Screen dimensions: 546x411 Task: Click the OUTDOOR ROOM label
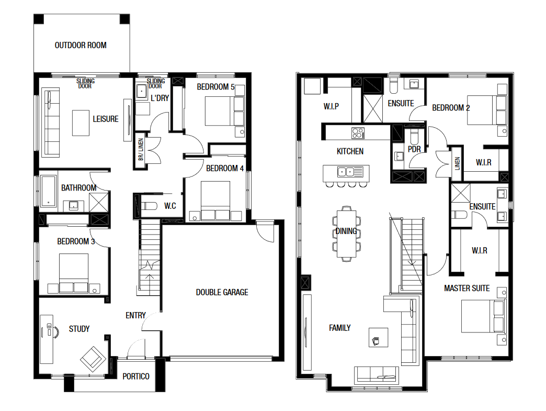pos(81,46)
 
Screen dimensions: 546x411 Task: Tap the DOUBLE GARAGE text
pos(222,293)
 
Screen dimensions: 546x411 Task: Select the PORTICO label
pos(136,376)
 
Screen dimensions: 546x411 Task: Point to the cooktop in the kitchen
pos(358,133)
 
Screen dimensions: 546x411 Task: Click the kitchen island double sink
pos(346,172)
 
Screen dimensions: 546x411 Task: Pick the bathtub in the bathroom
pos(49,192)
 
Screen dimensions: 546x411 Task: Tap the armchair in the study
pos(93,359)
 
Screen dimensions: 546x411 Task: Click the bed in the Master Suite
pos(482,316)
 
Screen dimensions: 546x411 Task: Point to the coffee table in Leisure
pos(81,123)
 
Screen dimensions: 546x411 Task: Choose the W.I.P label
pos(331,106)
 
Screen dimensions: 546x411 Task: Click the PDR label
pos(414,149)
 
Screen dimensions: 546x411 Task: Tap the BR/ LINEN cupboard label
pos(141,150)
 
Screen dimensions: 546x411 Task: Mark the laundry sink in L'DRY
pos(141,91)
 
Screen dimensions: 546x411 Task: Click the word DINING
pos(346,231)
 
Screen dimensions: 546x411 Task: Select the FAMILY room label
pos(340,328)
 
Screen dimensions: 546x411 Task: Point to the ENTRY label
pos(136,316)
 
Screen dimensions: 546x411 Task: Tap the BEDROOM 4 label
pos(225,169)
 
